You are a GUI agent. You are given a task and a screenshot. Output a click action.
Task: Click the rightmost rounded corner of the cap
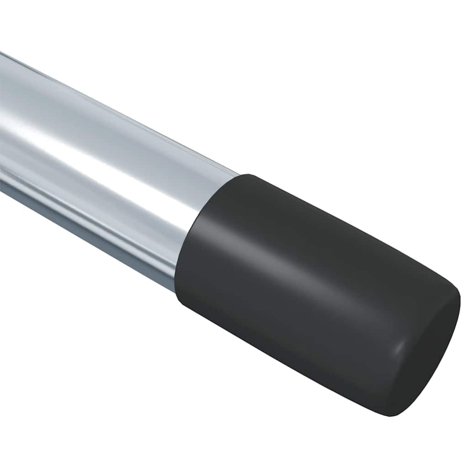click(x=457, y=297)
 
